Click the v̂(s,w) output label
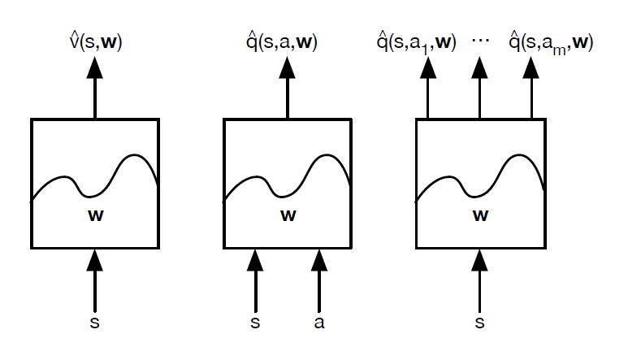[96, 41]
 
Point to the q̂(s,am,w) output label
[551, 41]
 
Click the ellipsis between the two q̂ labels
[481, 38]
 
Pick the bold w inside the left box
[95, 216]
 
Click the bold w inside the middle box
[288, 216]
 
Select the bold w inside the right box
[480, 216]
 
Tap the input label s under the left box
[95, 323]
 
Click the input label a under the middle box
[319, 323]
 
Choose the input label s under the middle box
[256, 323]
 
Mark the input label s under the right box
[480, 323]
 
